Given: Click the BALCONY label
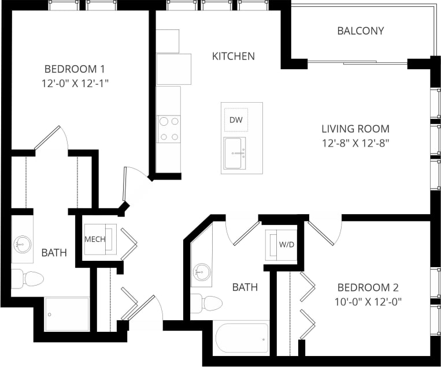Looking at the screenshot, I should point(360,31).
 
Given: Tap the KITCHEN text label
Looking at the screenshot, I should point(233,56).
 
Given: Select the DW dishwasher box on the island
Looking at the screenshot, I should point(236,119).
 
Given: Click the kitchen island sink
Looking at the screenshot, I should point(235,153).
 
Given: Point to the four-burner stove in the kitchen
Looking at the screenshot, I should point(168,129).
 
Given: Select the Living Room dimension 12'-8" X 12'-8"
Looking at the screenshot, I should point(355,143).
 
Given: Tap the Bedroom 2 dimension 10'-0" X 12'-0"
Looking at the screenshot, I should point(368,301).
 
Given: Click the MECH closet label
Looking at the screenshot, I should point(95,239).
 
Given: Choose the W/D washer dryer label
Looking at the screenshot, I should point(287,244).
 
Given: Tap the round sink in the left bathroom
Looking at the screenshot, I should point(22,244).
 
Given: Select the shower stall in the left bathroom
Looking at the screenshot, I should point(67,314).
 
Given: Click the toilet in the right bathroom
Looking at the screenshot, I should point(206,303).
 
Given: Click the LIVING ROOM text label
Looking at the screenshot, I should point(355,129).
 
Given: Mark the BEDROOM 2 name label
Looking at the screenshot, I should point(368,287).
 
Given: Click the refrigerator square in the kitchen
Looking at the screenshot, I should point(173,69).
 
